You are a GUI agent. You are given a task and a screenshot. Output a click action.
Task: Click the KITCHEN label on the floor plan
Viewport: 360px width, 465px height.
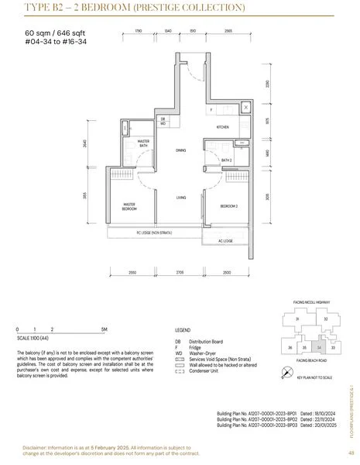pyautogui.click(x=223, y=126)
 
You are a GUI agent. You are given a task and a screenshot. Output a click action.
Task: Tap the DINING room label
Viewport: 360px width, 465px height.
pyautogui.click(x=180, y=150)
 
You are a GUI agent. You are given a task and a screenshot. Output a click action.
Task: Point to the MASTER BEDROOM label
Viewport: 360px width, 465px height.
pyautogui.click(x=129, y=207)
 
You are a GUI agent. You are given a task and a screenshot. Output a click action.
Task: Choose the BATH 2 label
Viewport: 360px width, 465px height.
pyautogui.click(x=227, y=160)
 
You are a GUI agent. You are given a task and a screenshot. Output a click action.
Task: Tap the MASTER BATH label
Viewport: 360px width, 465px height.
pyautogui.click(x=143, y=142)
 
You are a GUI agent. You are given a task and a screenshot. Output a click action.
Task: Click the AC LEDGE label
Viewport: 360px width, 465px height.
pyautogui.click(x=225, y=240)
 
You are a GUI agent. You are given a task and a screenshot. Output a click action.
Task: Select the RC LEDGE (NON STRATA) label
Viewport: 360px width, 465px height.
pyautogui.click(x=153, y=232)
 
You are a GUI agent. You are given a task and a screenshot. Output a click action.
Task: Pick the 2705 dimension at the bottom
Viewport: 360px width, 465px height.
pyautogui.click(x=180, y=272)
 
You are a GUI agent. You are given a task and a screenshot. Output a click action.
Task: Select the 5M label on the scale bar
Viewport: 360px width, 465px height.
pyautogui.click(x=102, y=329)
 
